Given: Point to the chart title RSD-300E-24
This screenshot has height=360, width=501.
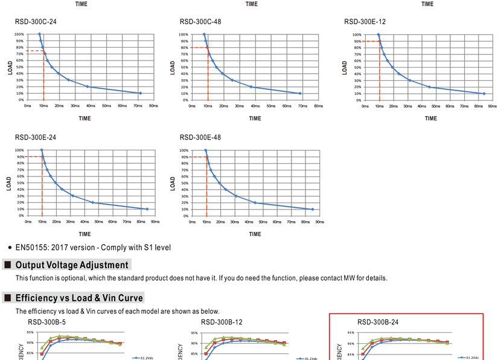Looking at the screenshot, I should coord(36,138).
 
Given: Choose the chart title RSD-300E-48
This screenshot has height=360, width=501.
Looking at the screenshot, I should coord(200,138).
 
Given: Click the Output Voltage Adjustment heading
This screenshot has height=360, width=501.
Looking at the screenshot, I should coord(72,265).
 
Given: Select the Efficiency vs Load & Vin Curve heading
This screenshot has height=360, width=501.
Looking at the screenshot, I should coord(79,298).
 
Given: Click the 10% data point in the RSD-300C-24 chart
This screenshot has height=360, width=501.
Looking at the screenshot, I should coord(140,93).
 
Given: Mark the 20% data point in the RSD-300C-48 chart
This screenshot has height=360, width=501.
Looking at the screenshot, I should coord(251,86).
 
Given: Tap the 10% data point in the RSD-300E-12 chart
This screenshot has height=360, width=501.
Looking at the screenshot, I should coord(484,94).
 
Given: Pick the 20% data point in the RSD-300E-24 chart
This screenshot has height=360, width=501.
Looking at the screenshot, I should coord(93,202).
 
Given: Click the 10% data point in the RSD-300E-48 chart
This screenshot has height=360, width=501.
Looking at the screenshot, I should coord(313,209).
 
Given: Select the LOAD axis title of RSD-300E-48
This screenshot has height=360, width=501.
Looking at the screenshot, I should coord(173,183).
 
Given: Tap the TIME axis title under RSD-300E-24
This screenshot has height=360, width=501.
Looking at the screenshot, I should coord(85,234).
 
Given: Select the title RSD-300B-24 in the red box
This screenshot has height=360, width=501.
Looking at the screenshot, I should coord(378,323).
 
